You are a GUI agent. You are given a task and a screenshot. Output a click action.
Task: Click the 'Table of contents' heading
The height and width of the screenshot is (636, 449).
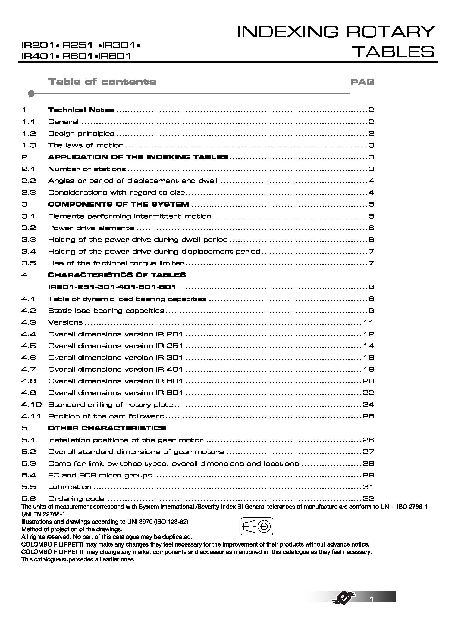tap(102, 82)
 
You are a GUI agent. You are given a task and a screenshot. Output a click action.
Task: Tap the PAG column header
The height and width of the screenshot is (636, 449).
tap(362, 82)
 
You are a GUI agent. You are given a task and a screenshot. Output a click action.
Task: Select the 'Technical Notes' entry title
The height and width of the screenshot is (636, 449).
tap(81, 110)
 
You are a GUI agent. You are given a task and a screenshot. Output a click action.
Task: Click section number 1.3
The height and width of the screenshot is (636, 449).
tap(29, 145)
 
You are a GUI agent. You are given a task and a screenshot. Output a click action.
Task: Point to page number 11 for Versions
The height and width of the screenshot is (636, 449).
tap(368, 322)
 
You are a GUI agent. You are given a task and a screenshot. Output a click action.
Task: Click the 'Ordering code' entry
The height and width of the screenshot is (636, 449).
tap(76, 499)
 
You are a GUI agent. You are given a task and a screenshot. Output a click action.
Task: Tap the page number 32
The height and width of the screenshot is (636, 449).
tap(368, 499)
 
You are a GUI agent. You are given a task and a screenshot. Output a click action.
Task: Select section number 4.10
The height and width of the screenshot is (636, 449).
tap(31, 404)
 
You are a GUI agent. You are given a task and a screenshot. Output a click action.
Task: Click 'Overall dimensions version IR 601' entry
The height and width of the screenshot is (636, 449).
tap(115, 381)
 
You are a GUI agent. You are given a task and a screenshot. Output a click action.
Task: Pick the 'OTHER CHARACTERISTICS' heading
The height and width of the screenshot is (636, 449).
tap(107, 428)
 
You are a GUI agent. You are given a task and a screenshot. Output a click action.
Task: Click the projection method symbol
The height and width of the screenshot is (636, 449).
tap(257, 526)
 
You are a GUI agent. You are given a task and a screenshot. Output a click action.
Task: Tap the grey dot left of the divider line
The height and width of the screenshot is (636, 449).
tap(32, 94)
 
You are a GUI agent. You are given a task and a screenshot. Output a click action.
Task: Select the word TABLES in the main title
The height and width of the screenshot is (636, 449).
tap(394, 51)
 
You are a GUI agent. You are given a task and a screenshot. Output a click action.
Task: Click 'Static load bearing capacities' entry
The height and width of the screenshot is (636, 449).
tap(106, 311)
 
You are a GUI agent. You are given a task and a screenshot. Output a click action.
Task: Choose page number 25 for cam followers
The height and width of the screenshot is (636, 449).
tap(368, 416)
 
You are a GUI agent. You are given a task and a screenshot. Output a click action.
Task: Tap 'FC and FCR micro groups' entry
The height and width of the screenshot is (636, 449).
tap(100, 475)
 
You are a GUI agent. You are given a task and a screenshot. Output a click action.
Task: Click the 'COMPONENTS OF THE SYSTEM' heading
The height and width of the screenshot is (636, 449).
tap(118, 204)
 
